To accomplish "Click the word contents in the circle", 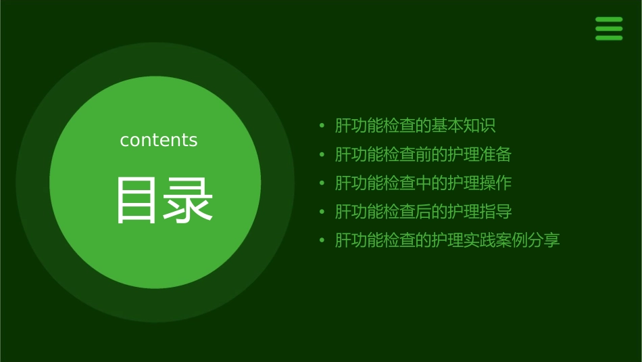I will (159, 140).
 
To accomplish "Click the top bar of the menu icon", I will (609, 20).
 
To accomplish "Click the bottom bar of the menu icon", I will (609, 38).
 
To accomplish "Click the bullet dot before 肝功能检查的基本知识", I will (322, 126).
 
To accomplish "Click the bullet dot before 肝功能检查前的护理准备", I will (322, 154).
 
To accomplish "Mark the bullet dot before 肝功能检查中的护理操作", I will (322, 183).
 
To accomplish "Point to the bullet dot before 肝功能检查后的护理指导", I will (322, 212).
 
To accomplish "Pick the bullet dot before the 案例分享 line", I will (322, 240).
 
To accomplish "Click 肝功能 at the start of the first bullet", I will (359, 126).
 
